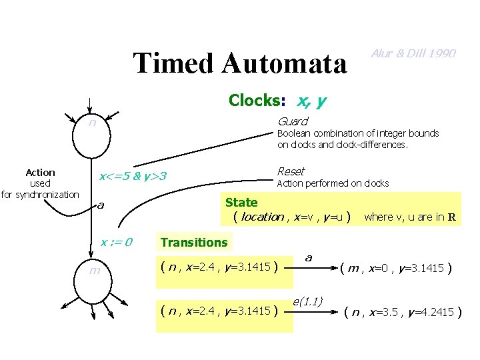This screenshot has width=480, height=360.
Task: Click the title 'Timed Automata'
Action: pos(240,63)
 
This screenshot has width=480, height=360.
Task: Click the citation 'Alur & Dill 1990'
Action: pos(413,53)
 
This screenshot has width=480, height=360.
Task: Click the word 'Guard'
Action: pos(292,121)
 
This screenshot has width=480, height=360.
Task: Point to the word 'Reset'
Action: pos(291,172)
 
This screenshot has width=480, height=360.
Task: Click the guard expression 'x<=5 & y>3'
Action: pos(132,177)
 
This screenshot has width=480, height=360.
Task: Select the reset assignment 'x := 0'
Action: pos(117,242)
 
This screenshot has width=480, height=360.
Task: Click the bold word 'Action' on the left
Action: pos(40,172)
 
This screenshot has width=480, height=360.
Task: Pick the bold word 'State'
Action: pos(241,203)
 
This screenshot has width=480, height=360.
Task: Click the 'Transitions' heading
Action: pos(194,243)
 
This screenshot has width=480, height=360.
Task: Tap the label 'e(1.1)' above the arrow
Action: pos(308,301)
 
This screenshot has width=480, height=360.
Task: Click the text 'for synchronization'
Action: pos(40,195)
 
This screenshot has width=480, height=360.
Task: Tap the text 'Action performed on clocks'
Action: pos(333,183)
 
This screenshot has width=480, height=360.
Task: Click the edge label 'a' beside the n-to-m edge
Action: pos(101,204)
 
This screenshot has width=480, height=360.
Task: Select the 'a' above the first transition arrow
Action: pos(309,257)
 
